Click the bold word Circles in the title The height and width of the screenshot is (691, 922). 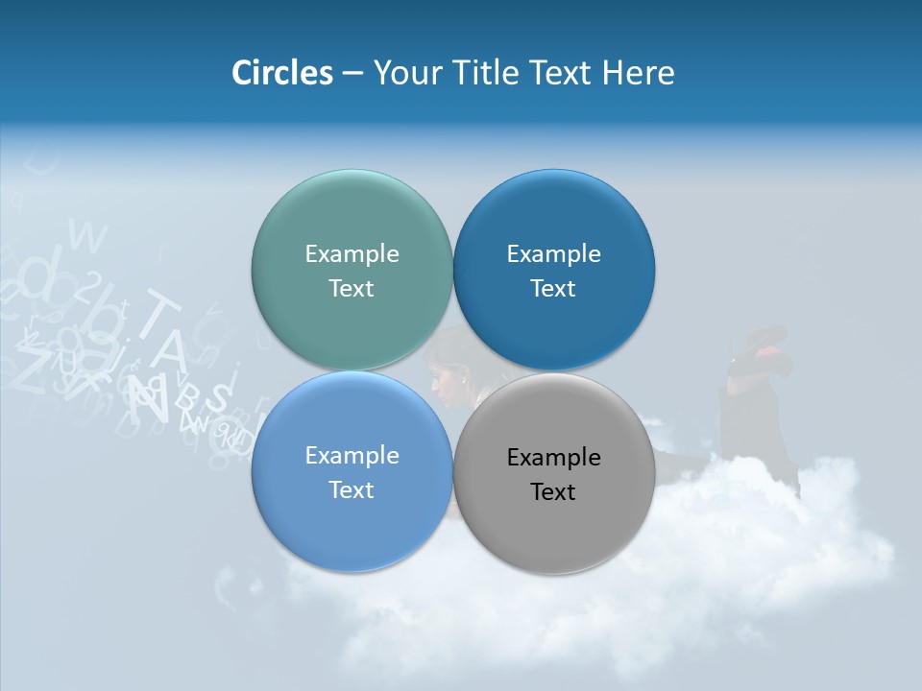point(281,73)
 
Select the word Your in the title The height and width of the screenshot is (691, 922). point(409,73)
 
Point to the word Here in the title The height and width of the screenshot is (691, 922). point(639,73)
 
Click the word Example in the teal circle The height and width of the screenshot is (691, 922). point(352,253)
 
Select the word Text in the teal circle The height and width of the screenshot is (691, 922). point(352,288)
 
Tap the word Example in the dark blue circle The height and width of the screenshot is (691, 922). point(553,253)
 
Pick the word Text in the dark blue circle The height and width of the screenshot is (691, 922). point(553,288)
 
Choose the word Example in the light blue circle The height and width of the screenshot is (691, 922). point(352,455)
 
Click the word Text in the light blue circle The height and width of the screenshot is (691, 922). point(352,489)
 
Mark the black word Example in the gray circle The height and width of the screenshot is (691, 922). point(553,457)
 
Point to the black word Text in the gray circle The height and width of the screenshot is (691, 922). point(553,491)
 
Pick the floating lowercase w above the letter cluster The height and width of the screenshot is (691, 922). point(88,235)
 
